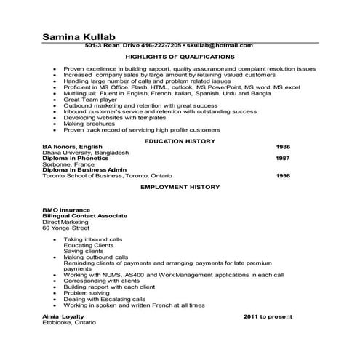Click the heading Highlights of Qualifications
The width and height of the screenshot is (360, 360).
(x=180, y=56)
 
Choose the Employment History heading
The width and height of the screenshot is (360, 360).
(x=180, y=187)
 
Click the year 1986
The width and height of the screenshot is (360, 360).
(x=283, y=147)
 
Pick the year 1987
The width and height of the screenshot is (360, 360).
(x=283, y=159)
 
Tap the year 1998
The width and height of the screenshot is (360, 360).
(x=283, y=175)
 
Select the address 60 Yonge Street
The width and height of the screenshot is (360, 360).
(x=65, y=228)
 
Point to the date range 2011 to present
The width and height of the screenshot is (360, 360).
(x=268, y=317)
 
